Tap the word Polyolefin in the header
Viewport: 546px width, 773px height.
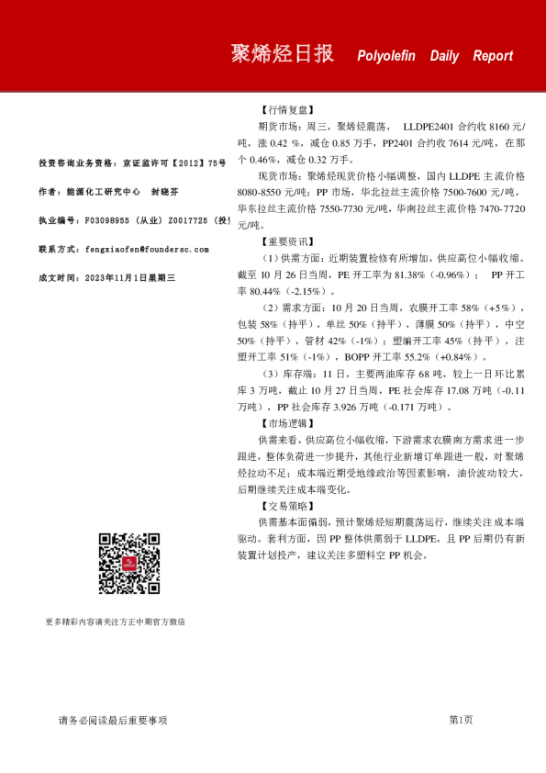pos(386,56)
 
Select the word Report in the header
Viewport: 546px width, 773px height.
pos(493,56)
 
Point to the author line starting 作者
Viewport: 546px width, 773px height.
pos(109,192)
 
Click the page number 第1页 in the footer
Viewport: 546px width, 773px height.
pos(461,721)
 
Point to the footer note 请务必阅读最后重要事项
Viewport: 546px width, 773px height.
pos(113,721)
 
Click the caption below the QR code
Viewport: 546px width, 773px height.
pos(115,622)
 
